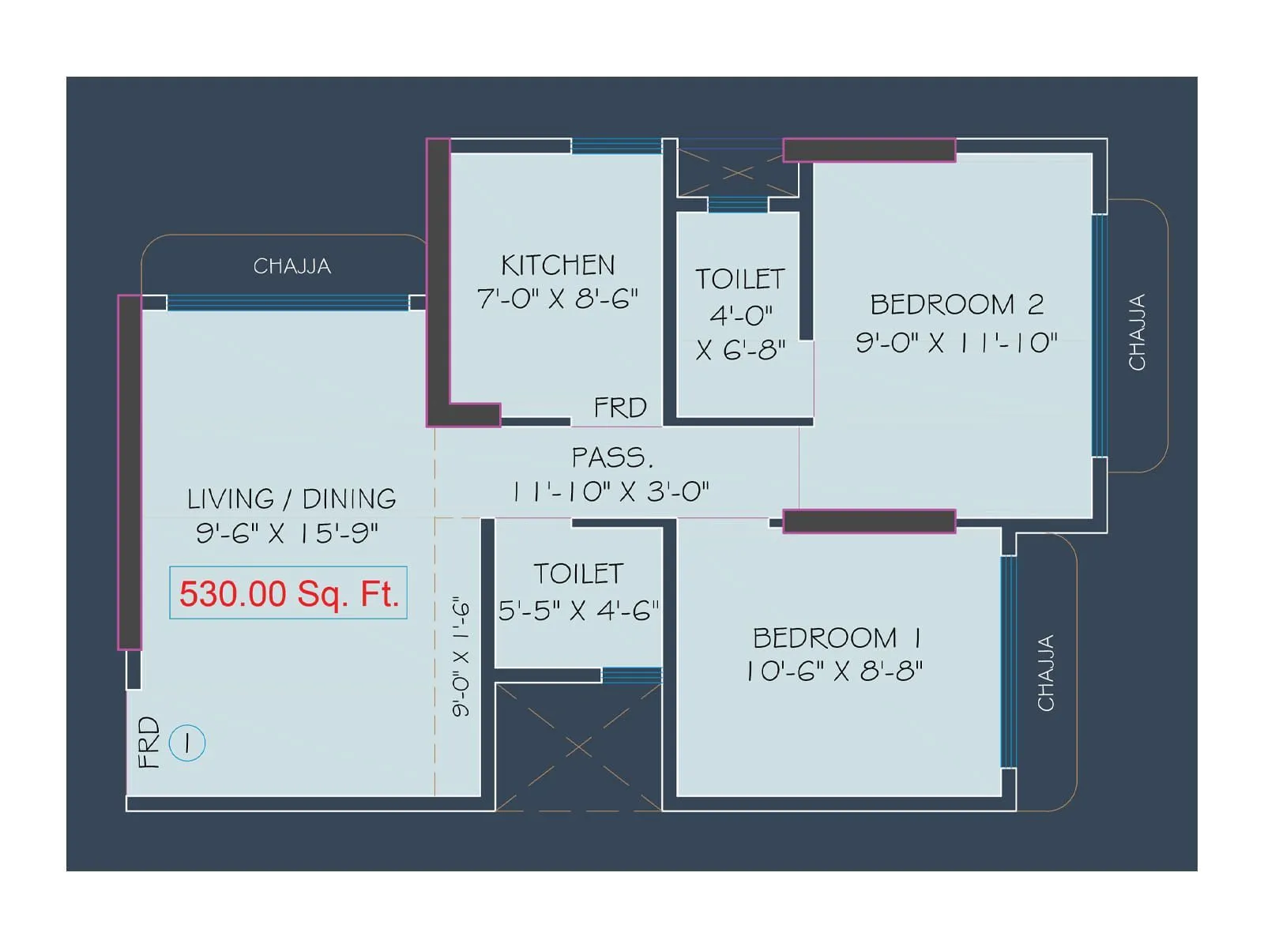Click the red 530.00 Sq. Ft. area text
(x=289, y=593)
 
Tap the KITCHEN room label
(x=558, y=265)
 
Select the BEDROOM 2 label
(x=957, y=304)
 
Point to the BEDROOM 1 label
(x=837, y=638)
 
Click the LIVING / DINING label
(x=292, y=499)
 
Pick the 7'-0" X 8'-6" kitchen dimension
(x=558, y=299)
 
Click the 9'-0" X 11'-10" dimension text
(x=957, y=343)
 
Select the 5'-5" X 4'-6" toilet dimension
(x=578, y=611)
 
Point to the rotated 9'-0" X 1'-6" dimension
(x=461, y=656)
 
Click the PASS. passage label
(x=613, y=458)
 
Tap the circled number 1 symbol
(x=187, y=743)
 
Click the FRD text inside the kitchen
(x=620, y=408)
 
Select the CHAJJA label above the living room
(x=292, y=266)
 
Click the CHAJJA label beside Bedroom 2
(x=1137, y=332)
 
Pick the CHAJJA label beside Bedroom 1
(x=1046, y=673)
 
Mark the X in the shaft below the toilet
(x=579, y=747)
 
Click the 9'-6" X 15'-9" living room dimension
(x=288, y=533)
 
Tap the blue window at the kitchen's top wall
(x=617, y=145)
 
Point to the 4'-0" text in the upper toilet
(x=740, y=315)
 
